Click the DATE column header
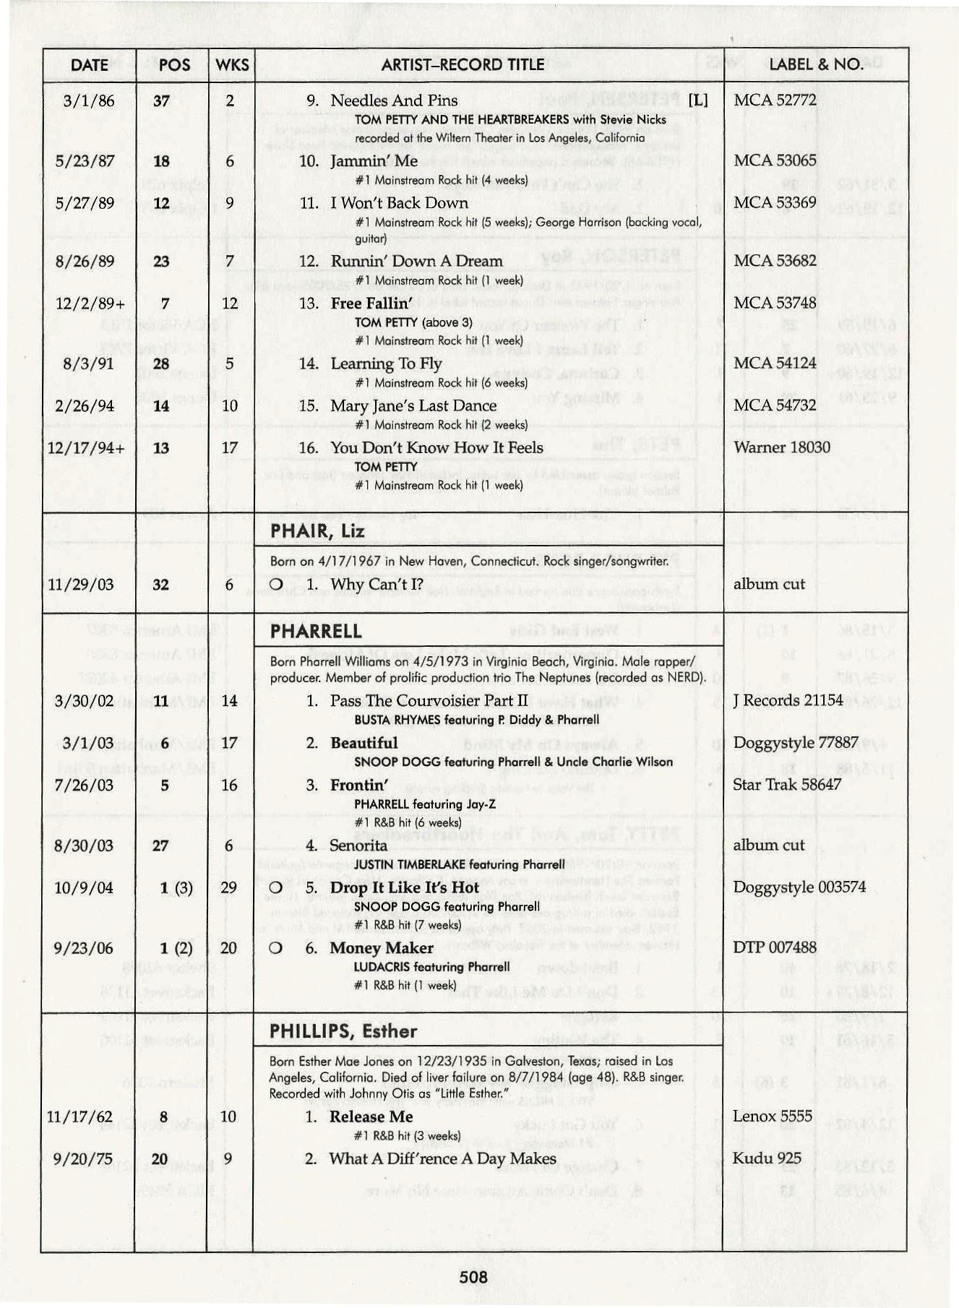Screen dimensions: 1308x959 [89, 65]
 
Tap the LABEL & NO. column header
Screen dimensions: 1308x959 [815, 65]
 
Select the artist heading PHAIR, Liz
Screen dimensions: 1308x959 [317, 532]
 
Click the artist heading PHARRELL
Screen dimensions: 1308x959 [316, 632]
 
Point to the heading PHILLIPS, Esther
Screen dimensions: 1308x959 [343, 1031]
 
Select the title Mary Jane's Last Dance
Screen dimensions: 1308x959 [413, 406]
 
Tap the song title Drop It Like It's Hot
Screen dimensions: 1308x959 [404, 887]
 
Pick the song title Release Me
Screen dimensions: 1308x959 [371, 1116]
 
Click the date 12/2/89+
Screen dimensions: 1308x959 [87, 304]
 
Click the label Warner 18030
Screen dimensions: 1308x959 [782, 447]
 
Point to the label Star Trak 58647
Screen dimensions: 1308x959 [787, 785]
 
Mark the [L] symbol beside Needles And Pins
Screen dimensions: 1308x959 [698, 100]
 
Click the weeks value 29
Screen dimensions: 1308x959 [229, 887]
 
